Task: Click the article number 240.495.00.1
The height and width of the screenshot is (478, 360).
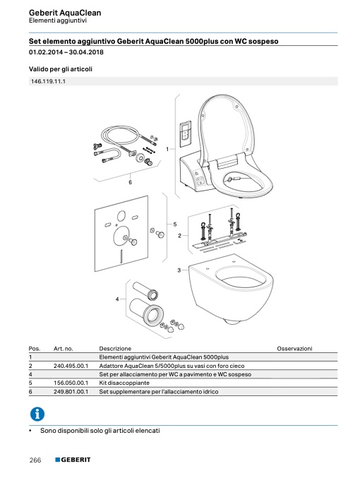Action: (71, 366)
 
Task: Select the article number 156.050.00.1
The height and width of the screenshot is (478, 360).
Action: (71, 383)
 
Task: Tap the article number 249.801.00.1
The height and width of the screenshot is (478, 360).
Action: (71, 392)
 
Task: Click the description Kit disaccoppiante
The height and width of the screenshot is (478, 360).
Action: (124, 383)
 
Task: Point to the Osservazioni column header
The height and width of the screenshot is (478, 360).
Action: (294, 349)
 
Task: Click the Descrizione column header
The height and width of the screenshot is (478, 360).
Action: (115, 349)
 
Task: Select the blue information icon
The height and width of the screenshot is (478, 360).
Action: (37, 414)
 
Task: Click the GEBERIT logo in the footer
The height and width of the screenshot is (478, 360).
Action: (73, 460)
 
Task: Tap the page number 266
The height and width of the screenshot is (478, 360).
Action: (35, 460)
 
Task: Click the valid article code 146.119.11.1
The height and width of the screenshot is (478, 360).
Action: (48, 81)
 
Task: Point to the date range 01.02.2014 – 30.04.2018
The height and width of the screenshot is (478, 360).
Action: (66, 52)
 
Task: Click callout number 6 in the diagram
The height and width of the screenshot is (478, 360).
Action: (130, 182)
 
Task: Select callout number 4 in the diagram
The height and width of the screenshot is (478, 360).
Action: (117, 299)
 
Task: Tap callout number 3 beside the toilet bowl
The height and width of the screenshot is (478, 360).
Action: (179, 270)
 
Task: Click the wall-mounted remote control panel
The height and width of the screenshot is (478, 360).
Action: (186, 134)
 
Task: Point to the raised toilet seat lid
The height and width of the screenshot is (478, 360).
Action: (226, 128)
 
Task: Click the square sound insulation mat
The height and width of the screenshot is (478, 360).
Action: (121, 234)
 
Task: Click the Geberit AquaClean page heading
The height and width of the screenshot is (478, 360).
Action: (65, 13)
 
